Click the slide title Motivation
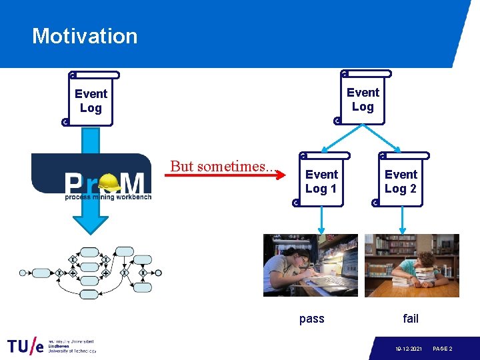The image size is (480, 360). coord(85,36)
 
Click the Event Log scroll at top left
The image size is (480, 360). coord(91,100)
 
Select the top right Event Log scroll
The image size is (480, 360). coord(363,99)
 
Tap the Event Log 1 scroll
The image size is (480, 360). coord(321,181)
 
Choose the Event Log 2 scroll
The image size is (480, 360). coord(401,181)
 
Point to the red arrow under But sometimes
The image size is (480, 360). coord(227,177)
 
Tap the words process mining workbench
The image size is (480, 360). coord(108,197)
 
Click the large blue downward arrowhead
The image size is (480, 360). coord(91,220)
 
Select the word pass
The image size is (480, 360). coord(311,319)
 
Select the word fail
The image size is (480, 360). coord(411,319)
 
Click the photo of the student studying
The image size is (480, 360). coord(310,265)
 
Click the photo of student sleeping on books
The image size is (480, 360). coord(411,265)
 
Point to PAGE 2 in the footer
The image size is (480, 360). coord(443,349)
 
